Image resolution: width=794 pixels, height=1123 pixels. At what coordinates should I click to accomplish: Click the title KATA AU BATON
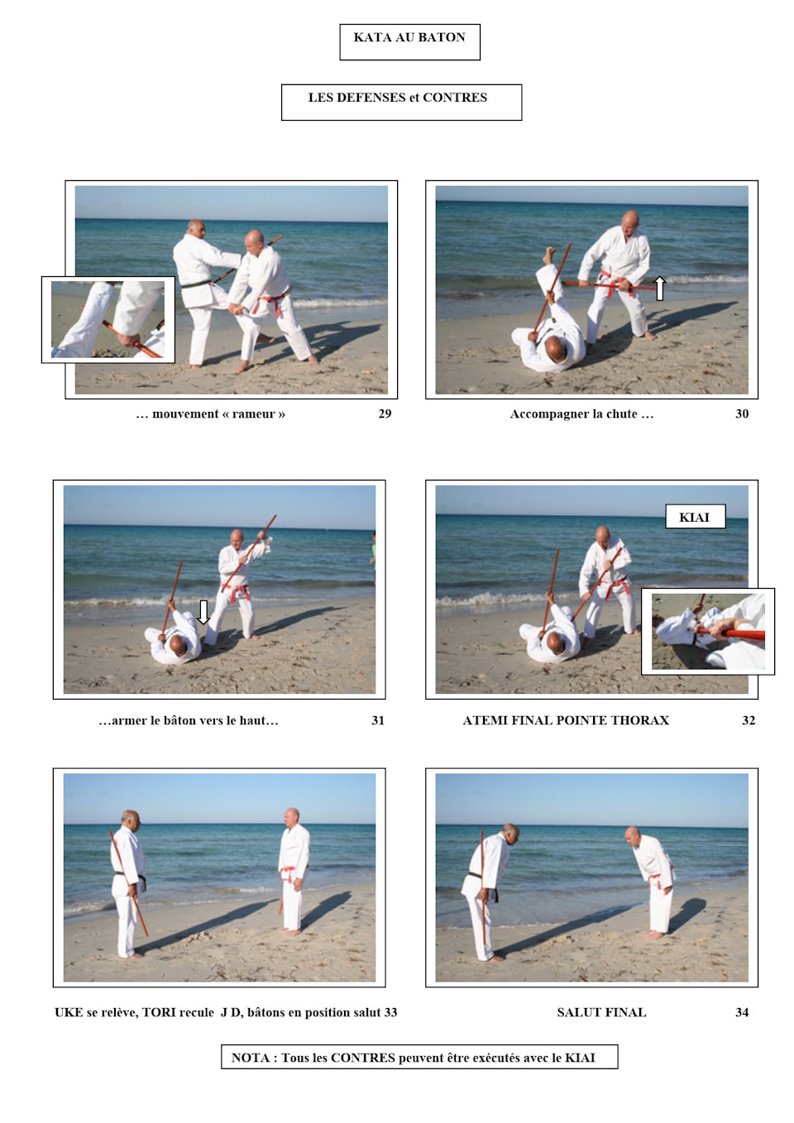[x=409, y=37]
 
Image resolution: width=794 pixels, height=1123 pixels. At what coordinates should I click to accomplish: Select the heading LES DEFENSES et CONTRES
[x=398, y=98]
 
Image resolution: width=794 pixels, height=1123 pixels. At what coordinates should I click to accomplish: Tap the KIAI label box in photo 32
[x=695, y=517]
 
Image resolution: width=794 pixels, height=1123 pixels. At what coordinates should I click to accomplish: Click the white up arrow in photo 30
[x=660, y=289]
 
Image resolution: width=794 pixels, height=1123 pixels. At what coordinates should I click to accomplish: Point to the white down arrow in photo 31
[x=203, y=612]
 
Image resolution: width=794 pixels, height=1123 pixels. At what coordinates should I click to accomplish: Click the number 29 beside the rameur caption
[x=385, y=413]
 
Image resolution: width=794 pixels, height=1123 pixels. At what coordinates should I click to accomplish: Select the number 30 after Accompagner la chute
[x=742, y=413]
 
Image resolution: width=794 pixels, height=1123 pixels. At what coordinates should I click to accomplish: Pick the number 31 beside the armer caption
[x=377, y=720]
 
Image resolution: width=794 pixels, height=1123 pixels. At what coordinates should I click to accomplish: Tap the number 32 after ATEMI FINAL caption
[x=749, y=720]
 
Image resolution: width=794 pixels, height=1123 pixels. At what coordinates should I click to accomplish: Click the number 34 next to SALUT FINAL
[x=742, y=1012]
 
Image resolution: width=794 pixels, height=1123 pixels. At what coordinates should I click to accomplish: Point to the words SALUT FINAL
[x=601, y=1012]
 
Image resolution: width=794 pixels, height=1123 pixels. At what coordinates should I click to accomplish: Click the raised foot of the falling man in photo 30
[x=550, y=253]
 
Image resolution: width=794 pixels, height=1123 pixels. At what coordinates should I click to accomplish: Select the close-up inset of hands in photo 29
[x=108, y=319]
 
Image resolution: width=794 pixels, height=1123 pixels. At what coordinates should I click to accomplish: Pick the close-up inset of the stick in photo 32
[x=708, y=631]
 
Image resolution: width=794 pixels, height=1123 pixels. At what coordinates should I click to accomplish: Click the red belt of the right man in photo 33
[x=288, y=871]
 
